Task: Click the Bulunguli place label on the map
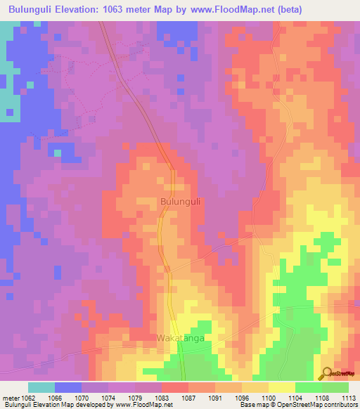181,201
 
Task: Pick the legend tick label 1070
82,398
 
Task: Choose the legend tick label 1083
162,398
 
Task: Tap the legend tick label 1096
242,398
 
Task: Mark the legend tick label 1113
349,398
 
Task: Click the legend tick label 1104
295,398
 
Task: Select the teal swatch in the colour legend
41,387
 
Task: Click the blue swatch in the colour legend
68,387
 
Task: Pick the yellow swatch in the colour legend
282,387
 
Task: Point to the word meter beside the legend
12,398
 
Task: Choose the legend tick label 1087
188,398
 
